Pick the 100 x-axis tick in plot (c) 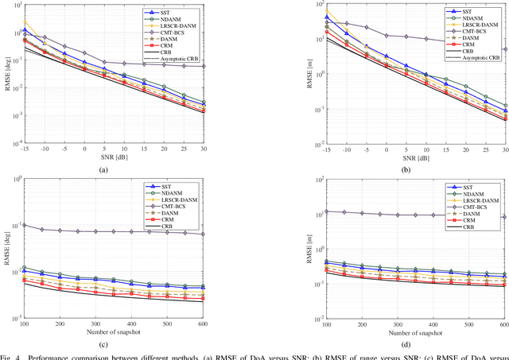24,324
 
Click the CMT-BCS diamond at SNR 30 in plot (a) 226,66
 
